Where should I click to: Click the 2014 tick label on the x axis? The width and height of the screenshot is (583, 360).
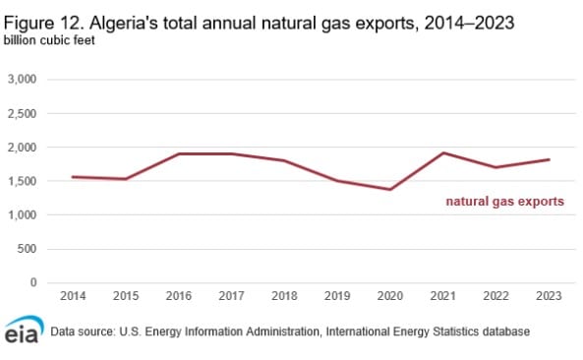tap(72, 295)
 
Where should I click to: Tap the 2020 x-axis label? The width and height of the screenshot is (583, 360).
tap(389, 295)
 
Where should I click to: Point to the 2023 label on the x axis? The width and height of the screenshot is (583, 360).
tap(549, 295)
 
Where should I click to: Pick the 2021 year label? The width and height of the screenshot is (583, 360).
tap(442, 295)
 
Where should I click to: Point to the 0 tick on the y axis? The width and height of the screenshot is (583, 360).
tap(33, 283)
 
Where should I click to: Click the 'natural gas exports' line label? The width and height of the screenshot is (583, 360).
tap(504, 202)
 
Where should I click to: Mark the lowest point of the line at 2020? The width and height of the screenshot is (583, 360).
tap(389, 189)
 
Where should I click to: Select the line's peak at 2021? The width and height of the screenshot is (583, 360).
tap(442, 152)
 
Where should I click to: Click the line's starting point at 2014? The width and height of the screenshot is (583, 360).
tap(72, 177)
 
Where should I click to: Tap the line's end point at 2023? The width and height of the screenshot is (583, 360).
tap(549, 159)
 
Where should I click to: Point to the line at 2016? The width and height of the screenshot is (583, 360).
tap(178, 153)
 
